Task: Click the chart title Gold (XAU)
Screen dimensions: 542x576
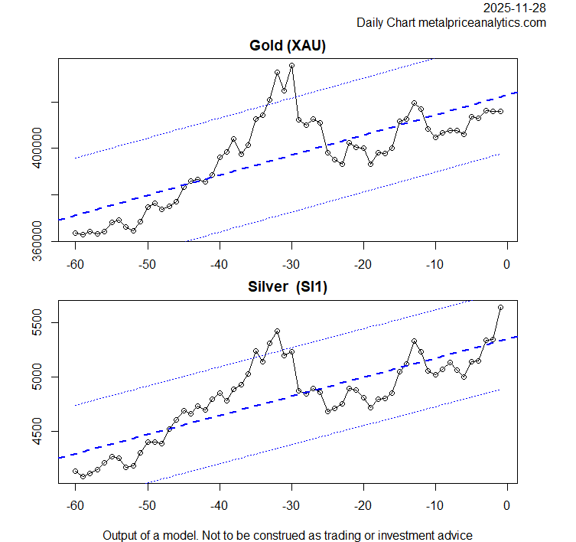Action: [x=288, y=46]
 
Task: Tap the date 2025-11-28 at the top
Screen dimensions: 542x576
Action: [x=515, y=8]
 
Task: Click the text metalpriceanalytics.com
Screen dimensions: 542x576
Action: [x=482, y=23]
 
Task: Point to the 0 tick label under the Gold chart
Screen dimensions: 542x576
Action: [x=507, y=265]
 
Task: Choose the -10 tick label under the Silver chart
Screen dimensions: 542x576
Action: [x=434, y=507]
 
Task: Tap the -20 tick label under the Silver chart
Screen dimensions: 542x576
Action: [x=362, y=507]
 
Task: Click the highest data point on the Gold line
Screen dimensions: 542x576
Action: [x=291, y=66]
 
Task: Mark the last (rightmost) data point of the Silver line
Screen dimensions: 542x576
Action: [x=500, y=307]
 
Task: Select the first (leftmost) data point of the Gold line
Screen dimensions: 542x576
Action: [x=75, y=233]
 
